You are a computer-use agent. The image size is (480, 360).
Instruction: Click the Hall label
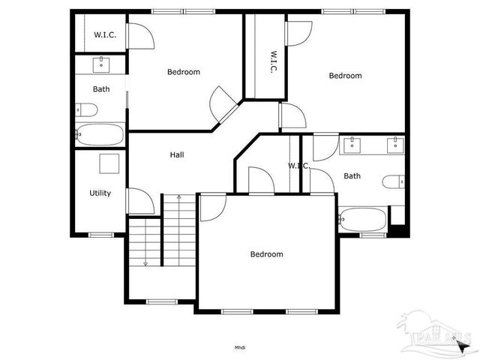[177, 155]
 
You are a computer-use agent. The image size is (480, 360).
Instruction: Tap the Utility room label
[100, 193]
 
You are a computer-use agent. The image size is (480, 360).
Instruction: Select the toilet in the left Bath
[87, 111]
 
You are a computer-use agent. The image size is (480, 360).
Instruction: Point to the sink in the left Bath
[101, 65]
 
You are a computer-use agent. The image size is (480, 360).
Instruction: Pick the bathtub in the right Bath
[363, 220]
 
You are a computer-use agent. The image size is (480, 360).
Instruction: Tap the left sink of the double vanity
[352, 145]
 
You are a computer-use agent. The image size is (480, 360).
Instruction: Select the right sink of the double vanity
[394, 145]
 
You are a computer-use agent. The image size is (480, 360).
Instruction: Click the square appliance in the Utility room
[109, 163]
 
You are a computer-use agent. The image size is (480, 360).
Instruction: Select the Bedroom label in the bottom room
[266, 254]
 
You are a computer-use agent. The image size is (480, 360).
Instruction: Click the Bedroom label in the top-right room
[345, 76]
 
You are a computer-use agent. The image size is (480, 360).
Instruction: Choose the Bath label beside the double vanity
[352, 176]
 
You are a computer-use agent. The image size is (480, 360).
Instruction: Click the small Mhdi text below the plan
[240, 347]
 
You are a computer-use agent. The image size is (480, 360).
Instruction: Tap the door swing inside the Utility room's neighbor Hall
[140, 201]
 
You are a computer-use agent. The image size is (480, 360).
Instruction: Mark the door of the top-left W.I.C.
[140, 34]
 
